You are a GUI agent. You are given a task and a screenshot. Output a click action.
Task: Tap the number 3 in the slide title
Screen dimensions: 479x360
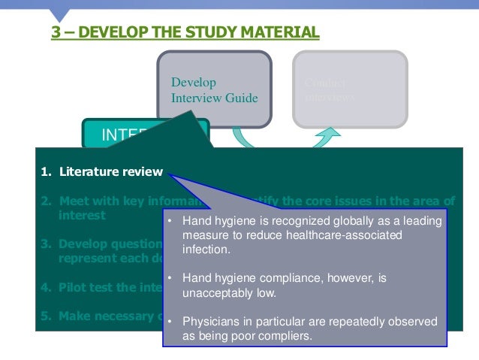pyautogui.click(x=56, y=32)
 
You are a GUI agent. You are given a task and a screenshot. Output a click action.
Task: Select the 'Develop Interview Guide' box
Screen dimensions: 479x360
pyautogui.click(x=214, y=89)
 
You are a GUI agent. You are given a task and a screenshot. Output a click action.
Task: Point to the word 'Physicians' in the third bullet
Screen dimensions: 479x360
pyautogui.click(x=206, y=321)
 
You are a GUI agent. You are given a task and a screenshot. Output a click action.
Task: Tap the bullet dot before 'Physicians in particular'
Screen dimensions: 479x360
pyautogui.click(x=170, y=321)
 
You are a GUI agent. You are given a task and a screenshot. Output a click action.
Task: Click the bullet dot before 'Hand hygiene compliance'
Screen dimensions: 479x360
pyautogui.click(x=170, y=278)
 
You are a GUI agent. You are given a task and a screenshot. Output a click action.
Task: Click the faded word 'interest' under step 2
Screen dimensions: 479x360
pyautogui.click(x=82, y=215)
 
